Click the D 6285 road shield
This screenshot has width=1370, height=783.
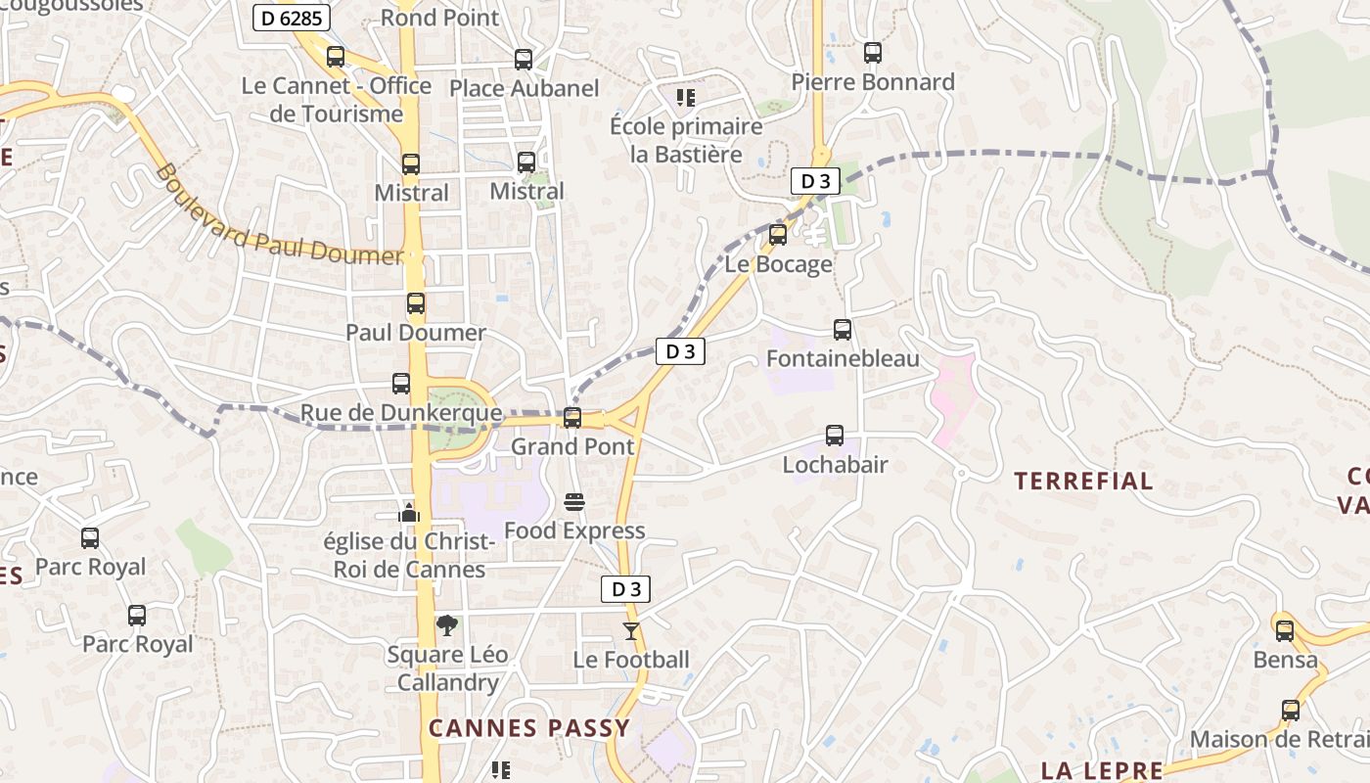[292, 18]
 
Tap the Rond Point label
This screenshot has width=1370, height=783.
[439, 18]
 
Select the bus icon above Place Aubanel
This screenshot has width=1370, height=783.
[524, 59]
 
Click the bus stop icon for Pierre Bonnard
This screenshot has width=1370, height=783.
[873, 53]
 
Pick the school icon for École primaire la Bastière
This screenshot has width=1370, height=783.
[686, 97]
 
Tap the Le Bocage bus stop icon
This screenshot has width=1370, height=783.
[778, 235]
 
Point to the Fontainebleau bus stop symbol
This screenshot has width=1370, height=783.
[842, 330]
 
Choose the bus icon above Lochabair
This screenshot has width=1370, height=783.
[835, 436]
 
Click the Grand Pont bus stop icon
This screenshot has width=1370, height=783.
[572, 418]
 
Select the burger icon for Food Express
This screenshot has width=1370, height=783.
[574, 502]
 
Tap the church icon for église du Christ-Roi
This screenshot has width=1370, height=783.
[409, 512]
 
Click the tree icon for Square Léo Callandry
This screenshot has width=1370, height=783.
[446, 624]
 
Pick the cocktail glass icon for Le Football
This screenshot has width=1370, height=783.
[631, 631]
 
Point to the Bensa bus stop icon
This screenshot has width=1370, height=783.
[1285, 631]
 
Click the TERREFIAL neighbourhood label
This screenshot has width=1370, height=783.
[1083, 481]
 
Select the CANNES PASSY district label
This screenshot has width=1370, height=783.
[529, 728]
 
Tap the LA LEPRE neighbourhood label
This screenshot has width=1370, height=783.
[1101, 770]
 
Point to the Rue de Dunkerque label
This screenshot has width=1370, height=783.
[400, 413]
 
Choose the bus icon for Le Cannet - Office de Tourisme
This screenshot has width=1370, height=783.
[336, 57]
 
